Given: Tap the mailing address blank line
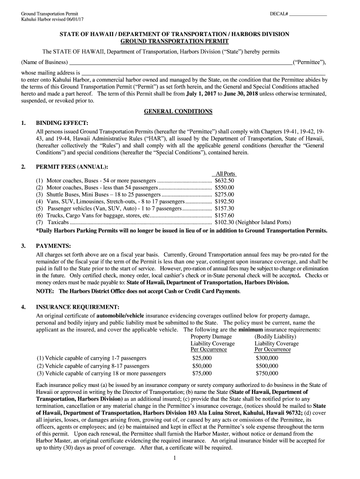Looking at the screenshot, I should click(x=203, y=73).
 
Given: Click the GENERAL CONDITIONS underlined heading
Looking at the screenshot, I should click(x=178, y=111).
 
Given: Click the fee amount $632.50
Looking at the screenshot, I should click(x=224, y=180).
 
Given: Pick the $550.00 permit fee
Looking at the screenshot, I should click(x=224, y=187).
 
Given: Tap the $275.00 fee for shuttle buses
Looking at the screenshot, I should click(x=224, y=194).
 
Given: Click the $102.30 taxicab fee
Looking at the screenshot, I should click(x=224, y=222).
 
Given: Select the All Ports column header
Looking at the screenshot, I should click(x=225, y=174).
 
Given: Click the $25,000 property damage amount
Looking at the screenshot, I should click(x=202, y=358).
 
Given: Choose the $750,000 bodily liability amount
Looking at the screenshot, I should click(x=267, y=373).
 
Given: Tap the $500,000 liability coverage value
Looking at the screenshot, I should click(x=267, y=366).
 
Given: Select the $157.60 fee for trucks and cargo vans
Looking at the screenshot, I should click(x=224, y=215).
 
